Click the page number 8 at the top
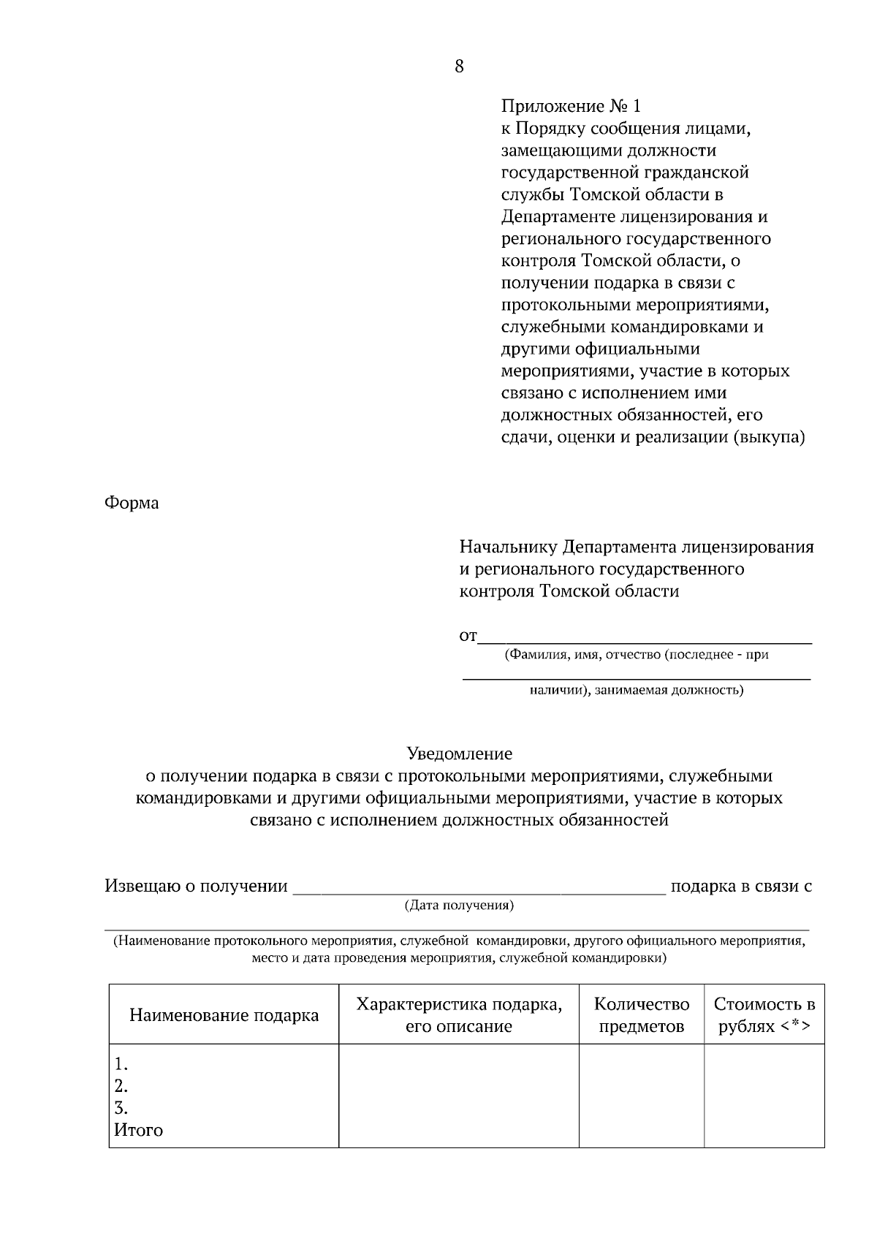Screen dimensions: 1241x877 pyautogui.click(x=459, y=67)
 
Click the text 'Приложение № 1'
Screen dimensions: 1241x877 pyautogui.click(x=571, y=107)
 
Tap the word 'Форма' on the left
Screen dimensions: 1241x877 pyautogui.click(x=132, y=504)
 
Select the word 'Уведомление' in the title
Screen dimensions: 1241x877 pyautogui.click(x=459, y=754)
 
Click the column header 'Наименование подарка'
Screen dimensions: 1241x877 pyautogui.click(x=224, y=1015)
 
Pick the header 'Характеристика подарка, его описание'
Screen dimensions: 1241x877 pyautogui.click(x=459, y=1015)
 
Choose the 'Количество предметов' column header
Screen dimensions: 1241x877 pyautogui.click(x=642, y=1015)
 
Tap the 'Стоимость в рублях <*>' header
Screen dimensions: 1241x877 pyautogui.click(x=764, y=1015)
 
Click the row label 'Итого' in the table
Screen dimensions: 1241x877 pyautogui.click(x=138, y=1131)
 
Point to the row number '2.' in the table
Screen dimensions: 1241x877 pyautogui.click(x=121, y=1085)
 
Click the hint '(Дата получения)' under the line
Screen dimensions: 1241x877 pyautogui.click(x=459, y=906)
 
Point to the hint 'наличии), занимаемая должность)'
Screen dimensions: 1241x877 pyautogui.click(x=636, y=689)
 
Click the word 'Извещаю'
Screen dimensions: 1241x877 pyautogui.click(x=142, y=887)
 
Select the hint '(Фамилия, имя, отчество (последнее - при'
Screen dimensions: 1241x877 pyautogui.click(x=636, y=655)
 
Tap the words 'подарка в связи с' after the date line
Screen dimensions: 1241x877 pyautogui.click(x=741, y=887)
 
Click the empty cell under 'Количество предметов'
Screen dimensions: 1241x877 pyautogui.click(x=642, y=1095)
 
